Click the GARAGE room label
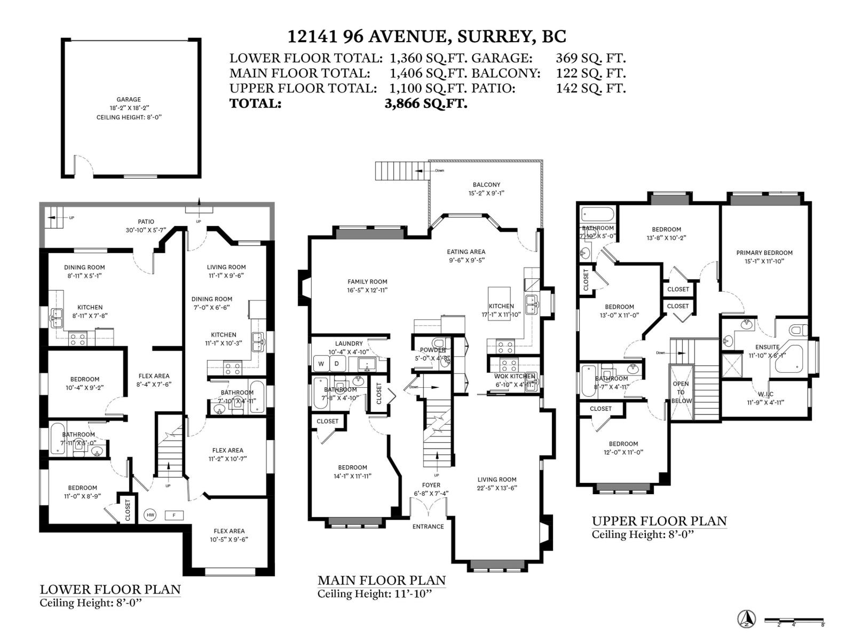129,99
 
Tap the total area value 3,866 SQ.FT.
425,104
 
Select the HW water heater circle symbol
150,515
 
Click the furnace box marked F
174,515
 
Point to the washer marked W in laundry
321,364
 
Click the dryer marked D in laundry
337,364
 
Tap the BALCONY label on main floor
486,185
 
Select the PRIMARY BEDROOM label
764,253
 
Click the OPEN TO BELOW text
681,392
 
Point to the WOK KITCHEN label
515,377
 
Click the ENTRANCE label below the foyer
428,527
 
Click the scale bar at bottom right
794,620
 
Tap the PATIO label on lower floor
146,222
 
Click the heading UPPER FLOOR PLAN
659,521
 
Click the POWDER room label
432,350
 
